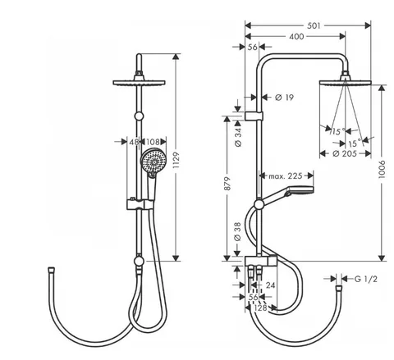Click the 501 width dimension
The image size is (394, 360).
314,25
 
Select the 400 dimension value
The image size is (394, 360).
296,36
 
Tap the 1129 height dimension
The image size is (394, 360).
176,160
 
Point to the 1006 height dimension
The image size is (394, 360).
382,170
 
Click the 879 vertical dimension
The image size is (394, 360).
227,184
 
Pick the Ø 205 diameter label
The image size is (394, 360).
345,153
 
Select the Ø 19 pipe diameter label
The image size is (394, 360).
284,97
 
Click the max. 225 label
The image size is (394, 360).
286,175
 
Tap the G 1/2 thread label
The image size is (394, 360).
366,279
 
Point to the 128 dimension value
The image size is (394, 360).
260,308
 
